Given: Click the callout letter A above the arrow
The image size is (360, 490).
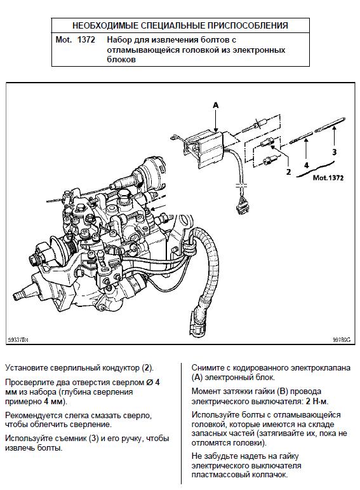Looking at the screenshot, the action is (x=216, y=105).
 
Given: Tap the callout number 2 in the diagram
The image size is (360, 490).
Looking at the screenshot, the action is (x=288, y=172).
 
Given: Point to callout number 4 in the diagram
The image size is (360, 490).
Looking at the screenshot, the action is (x=306, y=165).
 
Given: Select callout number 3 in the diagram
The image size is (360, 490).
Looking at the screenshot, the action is (x=335, y=152).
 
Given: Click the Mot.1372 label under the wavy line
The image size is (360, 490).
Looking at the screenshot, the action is (x=328, y=178).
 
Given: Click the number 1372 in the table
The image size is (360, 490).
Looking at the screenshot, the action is (x=86, y=40).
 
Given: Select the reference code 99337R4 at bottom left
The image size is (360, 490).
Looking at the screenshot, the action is (x=18, y=340).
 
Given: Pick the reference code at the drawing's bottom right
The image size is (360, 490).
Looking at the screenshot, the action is (x=341, y=340).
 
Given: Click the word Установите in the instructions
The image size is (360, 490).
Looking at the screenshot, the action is (x=25, y=368).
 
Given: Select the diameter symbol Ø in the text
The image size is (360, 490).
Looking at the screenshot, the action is (x=150, y=383).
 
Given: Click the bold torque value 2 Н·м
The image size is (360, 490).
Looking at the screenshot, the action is (x=317, y=401).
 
